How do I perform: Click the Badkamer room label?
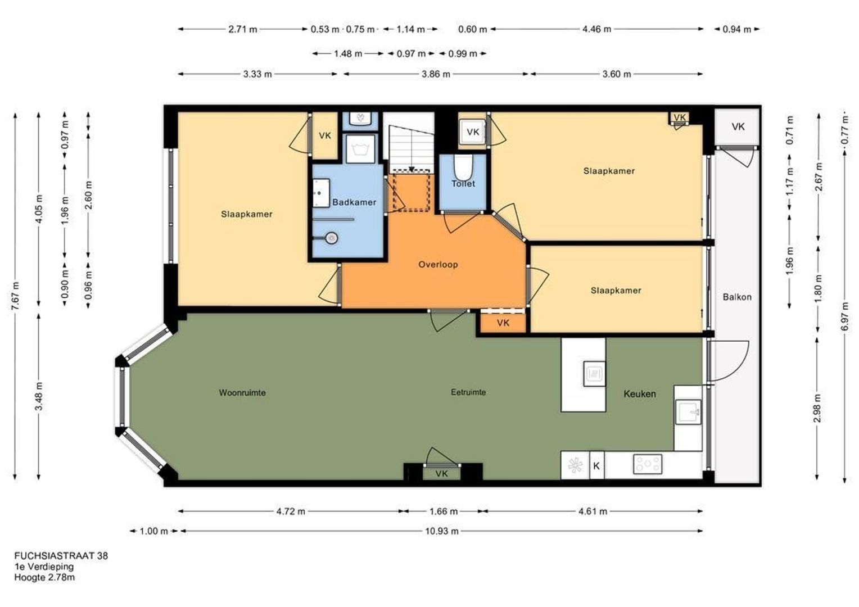point(354,202)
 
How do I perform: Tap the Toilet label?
point(463,184)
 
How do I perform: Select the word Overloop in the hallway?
point(438,264)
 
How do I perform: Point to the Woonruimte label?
point(242,393)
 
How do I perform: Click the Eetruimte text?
point(468,392)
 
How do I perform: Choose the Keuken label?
point(640,394)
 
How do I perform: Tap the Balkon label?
point(737,297)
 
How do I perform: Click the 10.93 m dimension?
point(442,531)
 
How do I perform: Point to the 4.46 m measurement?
point(596,29)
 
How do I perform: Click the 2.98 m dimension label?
point(817,408)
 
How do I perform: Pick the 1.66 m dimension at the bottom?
point(444,511)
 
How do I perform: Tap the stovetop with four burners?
point(648,464)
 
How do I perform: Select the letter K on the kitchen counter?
point(596,466)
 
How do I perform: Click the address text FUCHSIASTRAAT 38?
point(61,556)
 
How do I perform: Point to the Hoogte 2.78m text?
point(45,577)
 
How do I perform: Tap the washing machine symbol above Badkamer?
point(360,149)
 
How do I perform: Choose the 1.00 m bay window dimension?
point(153,531)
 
